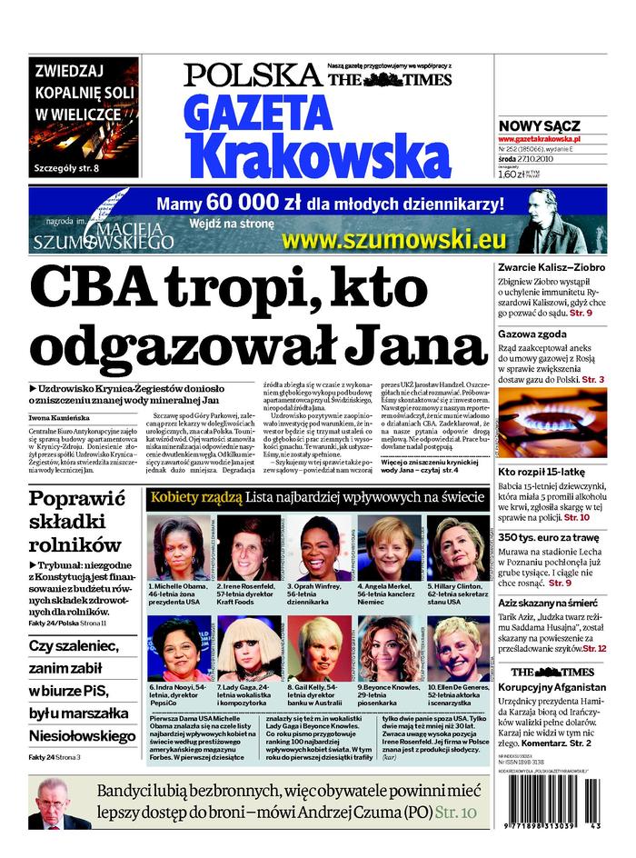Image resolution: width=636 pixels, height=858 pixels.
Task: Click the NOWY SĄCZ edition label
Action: [x=540, y=125]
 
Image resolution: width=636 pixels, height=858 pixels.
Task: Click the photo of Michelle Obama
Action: [x=179, y=548]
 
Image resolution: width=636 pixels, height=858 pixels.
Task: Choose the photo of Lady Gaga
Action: [x=248, y=648]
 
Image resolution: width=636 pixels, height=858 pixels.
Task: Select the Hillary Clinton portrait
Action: [x=458, y=548]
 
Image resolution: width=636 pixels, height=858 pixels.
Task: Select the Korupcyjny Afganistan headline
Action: [x=552, y=687]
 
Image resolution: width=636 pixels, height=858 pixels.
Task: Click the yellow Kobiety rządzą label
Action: [x=196, y=497]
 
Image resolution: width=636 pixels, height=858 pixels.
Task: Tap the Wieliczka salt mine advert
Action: [x=84, y=116]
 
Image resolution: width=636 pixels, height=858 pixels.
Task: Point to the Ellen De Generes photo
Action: [x=458, y=648]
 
